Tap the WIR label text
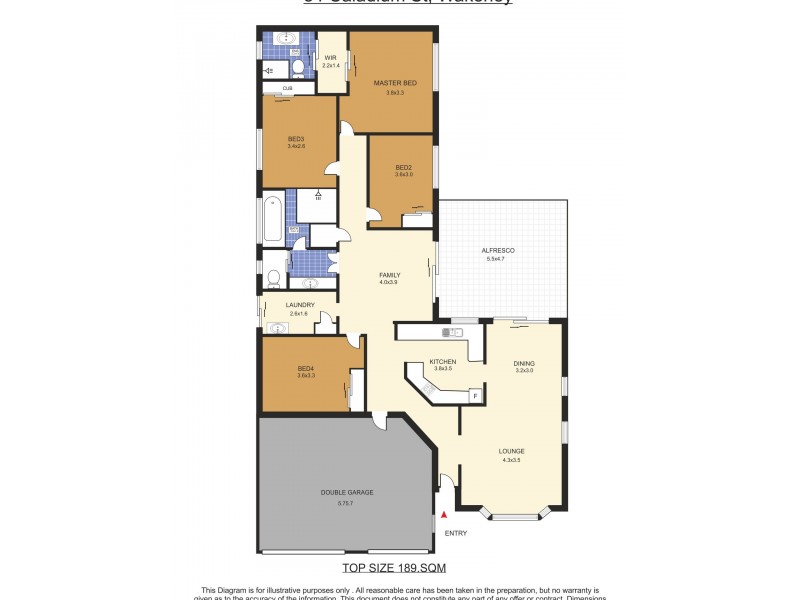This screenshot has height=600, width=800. point(330,58)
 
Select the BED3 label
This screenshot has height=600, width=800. point(296,139)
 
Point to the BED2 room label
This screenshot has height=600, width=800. point(403,167)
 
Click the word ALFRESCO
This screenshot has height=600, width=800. point(497,250)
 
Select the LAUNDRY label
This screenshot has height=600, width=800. point(300,305)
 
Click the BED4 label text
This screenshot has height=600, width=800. point(306,368)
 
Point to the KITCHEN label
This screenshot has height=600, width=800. point(442,361)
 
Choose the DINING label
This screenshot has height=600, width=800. point(524,363)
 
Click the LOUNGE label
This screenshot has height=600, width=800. point(511,451)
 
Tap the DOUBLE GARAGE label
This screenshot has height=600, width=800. point(345,493)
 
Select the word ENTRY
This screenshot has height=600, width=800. point(455,533)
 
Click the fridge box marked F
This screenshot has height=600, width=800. point(474,396)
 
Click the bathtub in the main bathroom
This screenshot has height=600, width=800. point(272,217)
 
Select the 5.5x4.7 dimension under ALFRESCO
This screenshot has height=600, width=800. point(497,259)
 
